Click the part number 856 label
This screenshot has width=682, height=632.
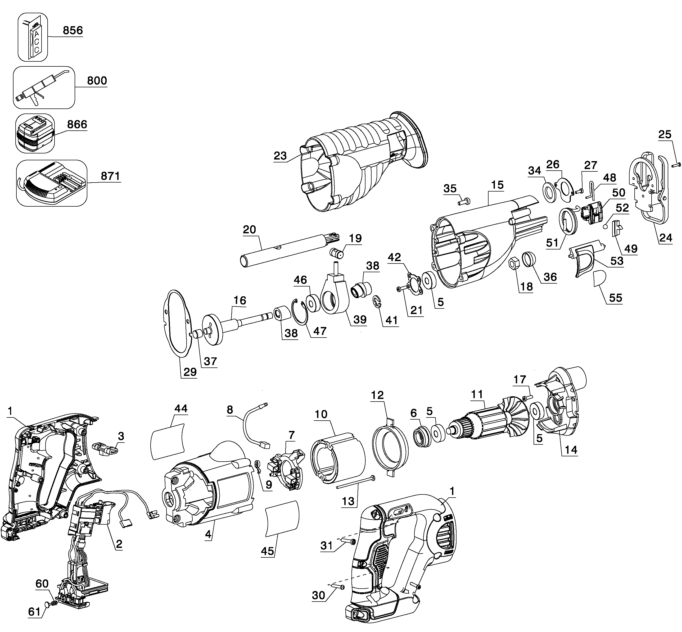coord(73,30)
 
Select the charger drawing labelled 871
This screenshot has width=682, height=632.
coord(52,183)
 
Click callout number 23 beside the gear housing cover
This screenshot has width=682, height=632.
coord(280,156)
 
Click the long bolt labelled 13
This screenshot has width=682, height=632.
coord(355,483)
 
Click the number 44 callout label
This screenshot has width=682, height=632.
coord(181,408)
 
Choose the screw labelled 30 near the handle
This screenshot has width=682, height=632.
coord(338,586)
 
